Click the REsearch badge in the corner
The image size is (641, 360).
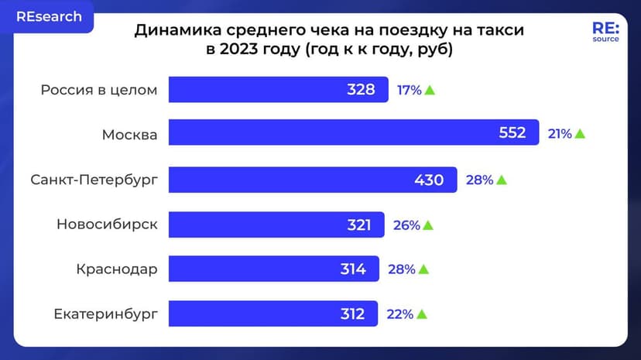pyautogui.click(x=49, y=16)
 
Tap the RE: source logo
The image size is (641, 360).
pyautogui.click(x=605, y=32)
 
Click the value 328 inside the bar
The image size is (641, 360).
pyautogui.click(x=361, y=90)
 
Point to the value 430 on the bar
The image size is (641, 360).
pyautogui.click(x=429, y=180)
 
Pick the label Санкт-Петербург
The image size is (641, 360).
pyautogui.click(x=94, y=180)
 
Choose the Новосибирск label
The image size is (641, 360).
pyautogui.click(x=107, y=225)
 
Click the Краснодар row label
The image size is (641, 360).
pyautogui.click(x=117, y=269)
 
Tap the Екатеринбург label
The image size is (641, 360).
pyautogui.click(x=105, y=314)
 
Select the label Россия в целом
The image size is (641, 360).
pyautogui.click(x=99, y=90)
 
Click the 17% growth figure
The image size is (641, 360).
pyautogui.click(x=409, y=91)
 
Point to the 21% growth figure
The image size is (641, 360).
pyautogui.click(x=560, y=134)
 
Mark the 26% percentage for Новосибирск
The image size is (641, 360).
pyautogui.click(x=406, y=225)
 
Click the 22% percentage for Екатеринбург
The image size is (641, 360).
pyautogui.click(x=399, y=315)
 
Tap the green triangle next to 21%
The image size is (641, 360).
pyautogui.click(x=580, y=134)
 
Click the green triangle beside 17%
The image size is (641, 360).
pyautogui.click(x=430, y=91)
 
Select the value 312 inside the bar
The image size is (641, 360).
pyautogui.click(x=351, y=314)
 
